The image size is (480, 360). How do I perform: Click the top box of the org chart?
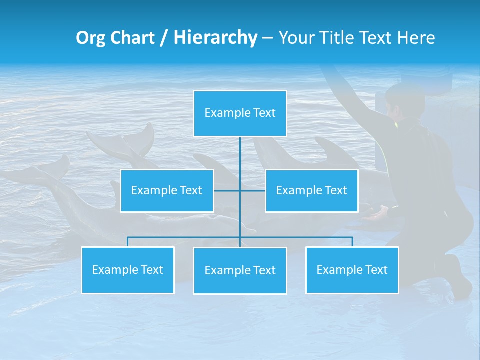coord(240,113)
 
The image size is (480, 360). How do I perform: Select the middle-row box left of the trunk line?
coord(167,191)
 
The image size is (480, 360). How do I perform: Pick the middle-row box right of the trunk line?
coord(311,191)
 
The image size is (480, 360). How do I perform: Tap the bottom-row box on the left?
coord(128,270)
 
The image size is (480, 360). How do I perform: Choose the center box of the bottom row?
coord(240,271)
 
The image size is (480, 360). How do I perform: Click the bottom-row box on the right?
coord(352,270)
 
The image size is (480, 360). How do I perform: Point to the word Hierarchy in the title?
coord(215,38)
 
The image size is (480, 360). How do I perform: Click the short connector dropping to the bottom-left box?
coord(128,242)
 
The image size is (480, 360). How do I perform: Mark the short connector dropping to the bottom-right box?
coord(352,242)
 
